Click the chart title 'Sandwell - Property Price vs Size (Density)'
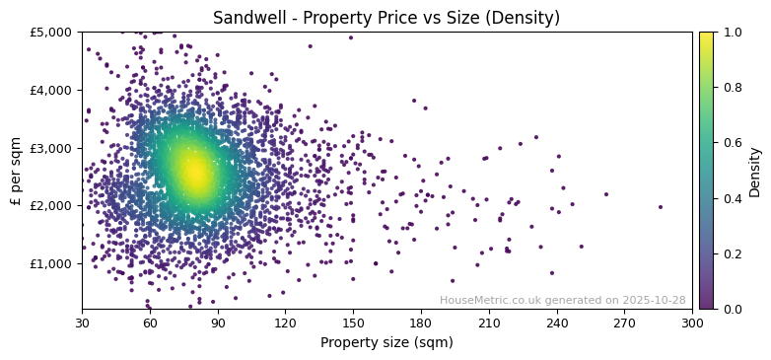pyautogui.click(x=386, y=17)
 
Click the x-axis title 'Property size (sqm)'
pyautogui.click(x=386, y=343)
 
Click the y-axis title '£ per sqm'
pyautogui.click(x=16, y=171)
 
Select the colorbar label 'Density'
pyautogui.click(x=754, y=171)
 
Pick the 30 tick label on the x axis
pyautogui.click(x=82, y=323)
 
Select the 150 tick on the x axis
pyautogui.click(x=353, y=323)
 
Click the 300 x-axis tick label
pyautogui.click(x=692, y=323)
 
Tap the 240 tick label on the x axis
pyautogui.click(x=557, y=323)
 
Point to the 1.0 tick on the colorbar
pyautogui.click(x=731, y=32)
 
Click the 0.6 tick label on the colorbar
pyautogui.click(x=731, y=143)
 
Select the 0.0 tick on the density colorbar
pyautogui.click(x=731, y=309)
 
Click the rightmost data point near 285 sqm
pyautogui.click(x=661, y=207)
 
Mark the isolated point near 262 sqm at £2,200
pyautogui.click(x=606, y=194)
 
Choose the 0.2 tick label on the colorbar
pyautogui.click(x=731, y=253)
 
